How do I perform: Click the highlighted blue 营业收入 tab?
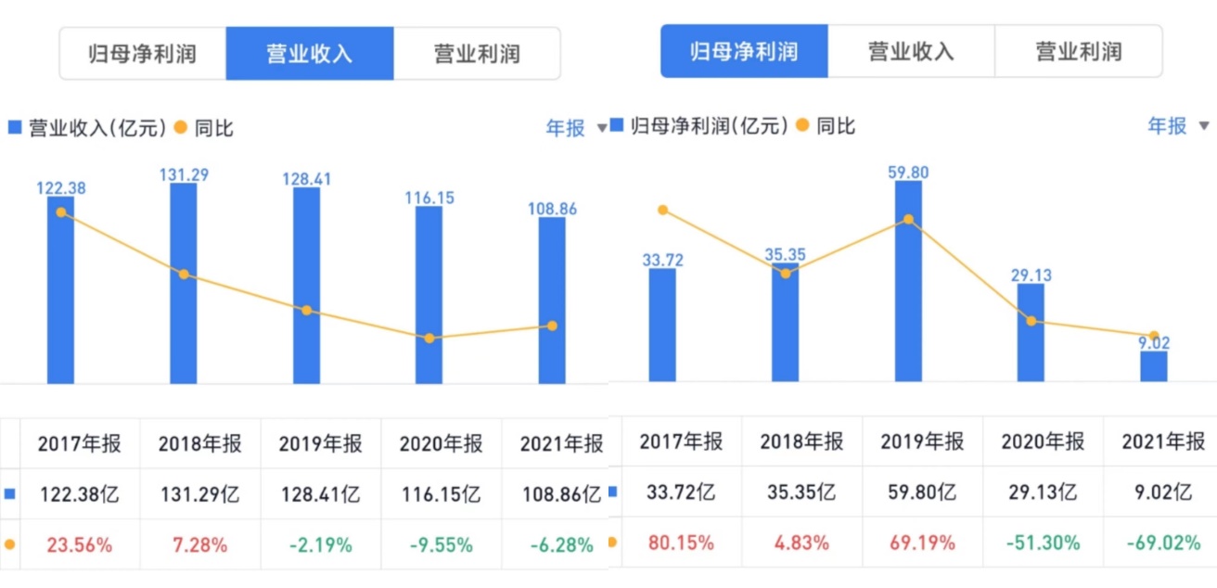click(310, 54)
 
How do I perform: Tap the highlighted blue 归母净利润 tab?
click(744, 51)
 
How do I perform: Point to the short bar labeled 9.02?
click(1154, 366)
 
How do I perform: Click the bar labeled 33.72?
click(662, 325)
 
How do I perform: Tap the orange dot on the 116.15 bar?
click(429, 339)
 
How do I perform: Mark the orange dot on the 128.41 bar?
click(307, 310)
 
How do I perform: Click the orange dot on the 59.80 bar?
click(909, 220)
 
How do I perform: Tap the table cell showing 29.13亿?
click(1043, 493)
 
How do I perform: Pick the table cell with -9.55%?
click(442, 545)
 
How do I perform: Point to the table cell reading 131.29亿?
click(200, 494)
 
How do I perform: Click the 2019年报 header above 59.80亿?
click(922, 441)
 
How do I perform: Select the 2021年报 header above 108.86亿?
click(561, 444)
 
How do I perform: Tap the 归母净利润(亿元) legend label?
click(710, 126)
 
